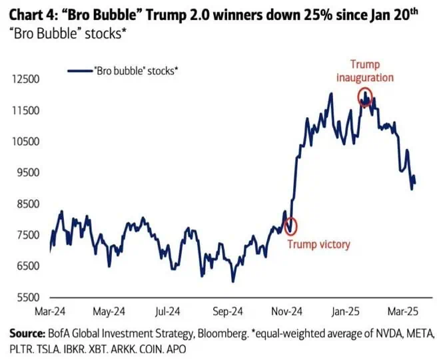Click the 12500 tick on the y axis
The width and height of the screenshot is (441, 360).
[25, 79]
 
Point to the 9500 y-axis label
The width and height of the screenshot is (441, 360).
[26, 172]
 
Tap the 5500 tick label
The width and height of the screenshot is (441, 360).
[26, 297]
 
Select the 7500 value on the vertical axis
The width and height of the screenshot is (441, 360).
[26, 235]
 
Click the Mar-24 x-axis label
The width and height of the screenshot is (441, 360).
[50, 311]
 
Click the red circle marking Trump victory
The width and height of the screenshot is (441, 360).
[290, 226]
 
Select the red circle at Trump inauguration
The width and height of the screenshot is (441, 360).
[365, 97]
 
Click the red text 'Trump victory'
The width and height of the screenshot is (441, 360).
[318, 244]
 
